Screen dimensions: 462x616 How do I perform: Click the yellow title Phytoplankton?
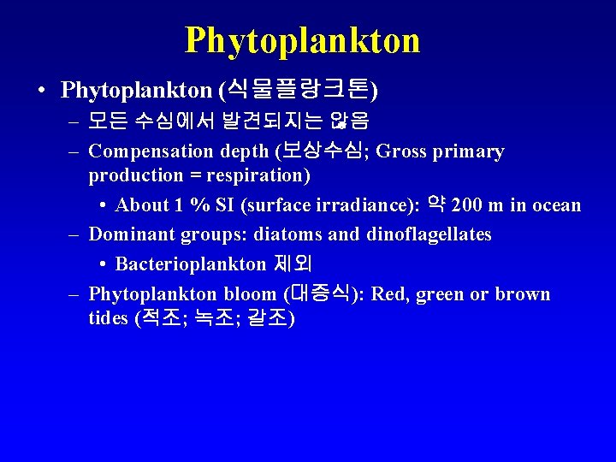(302, 39)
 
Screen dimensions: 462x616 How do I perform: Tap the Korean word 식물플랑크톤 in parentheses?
(300, 89)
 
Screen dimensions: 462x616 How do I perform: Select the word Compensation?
(151, 152)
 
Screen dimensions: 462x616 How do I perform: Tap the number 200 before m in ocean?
(467, 205)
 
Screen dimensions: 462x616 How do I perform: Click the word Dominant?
(129, 234)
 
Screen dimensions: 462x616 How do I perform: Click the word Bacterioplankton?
(191, 264)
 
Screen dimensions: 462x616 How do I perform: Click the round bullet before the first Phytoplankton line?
(42, 90)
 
